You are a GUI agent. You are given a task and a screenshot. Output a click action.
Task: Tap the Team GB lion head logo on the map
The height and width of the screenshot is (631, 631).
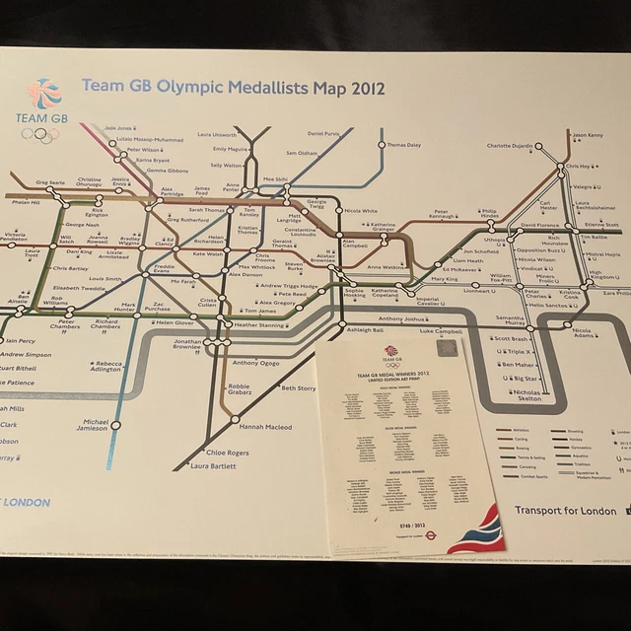pyautogui.click(x=43, y=94)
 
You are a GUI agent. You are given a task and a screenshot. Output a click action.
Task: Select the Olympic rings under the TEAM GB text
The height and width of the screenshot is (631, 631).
pyautogui.click(x=41, y=134)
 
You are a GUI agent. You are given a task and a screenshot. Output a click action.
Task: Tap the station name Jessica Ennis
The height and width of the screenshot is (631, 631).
pyautogui.click(x=120, y=183)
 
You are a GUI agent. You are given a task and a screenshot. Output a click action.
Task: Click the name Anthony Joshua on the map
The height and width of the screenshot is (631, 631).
pyautogui.click(x=402, y=319)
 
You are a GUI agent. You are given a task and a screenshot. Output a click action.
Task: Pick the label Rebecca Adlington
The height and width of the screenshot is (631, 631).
pyautogui.click(x=108, y=366)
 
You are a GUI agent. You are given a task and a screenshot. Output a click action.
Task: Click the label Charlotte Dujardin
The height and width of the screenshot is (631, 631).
pyautogui.click(x=509, y=146)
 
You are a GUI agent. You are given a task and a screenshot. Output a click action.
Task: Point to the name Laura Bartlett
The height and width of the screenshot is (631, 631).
pyautogui.click(x=212, y=465)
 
